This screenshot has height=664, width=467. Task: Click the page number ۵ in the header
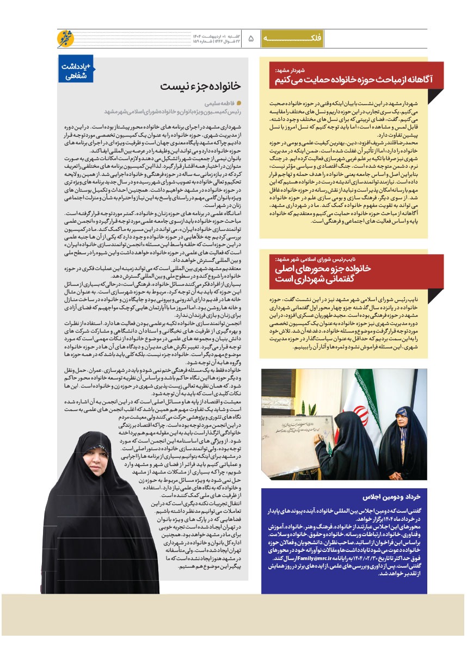tap(251, 39)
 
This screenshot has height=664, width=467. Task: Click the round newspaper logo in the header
tap(65, 39)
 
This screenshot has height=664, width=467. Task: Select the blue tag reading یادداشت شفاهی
tap(76, 71)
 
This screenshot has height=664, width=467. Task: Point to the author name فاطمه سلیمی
tap(211, 102)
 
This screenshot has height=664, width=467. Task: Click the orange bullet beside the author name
tap(238, 102)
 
